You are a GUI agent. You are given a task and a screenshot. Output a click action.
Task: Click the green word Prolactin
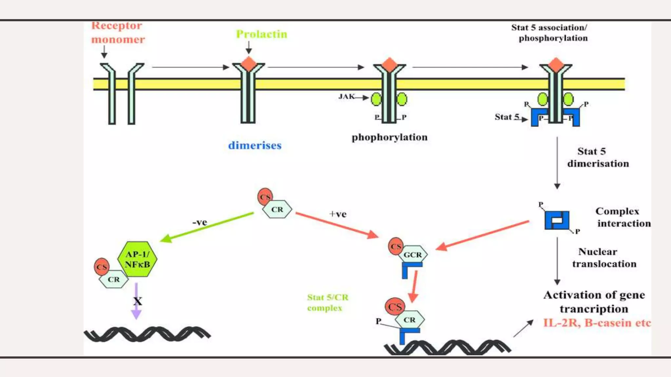click(261, 34)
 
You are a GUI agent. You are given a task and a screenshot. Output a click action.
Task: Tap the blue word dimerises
click(255, 145)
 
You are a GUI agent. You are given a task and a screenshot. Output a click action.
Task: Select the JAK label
click(346, 97)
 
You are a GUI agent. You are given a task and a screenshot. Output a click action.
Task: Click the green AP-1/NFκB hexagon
click(137, 259)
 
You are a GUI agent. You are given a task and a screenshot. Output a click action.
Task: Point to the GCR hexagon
click(413, 255)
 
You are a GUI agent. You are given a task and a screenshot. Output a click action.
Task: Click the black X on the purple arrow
click(138, 301)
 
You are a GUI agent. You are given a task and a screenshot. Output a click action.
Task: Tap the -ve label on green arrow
click(200, 223)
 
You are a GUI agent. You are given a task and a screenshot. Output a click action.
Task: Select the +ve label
click(338, 214)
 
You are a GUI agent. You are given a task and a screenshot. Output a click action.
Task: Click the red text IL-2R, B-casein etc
click(597, 323)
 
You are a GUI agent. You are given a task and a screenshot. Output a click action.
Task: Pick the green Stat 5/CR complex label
click(327, 303)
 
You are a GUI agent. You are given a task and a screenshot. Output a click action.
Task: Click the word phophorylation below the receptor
click(389, 137)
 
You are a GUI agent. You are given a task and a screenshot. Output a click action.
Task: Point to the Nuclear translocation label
click(604, 258)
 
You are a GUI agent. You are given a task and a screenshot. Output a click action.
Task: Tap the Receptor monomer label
click(117, 32)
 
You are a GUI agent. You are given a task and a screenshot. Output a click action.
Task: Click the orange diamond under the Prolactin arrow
click(249, 64)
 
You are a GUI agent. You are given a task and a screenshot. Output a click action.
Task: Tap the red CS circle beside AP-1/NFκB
click(102, 267)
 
